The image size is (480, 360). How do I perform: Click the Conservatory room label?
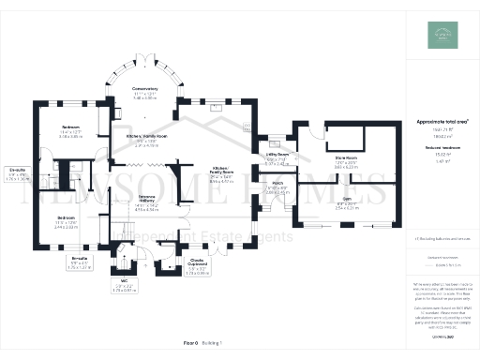pyautogui.click(x=144, y=92)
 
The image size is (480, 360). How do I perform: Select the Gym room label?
pyautogui.click(x=346, y=202)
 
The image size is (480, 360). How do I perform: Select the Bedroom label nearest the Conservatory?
pyautogui.click(x=71, y=127)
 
